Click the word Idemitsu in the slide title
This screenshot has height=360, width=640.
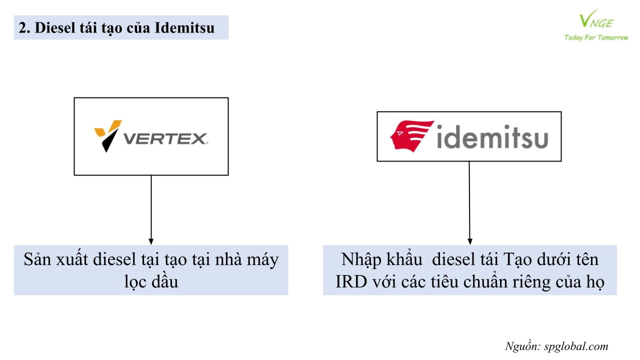coord(184,28)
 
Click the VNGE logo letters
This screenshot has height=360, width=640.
coord(596,19)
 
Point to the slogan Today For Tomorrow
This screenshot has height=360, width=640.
coord(596,37)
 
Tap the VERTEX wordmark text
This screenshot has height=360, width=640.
coord(165,139)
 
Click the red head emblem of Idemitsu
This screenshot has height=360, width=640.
coord(412,136)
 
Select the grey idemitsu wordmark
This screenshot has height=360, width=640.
coord(492,137)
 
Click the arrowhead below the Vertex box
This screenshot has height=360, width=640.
coord(151,241)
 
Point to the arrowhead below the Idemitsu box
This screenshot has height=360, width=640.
coord(469,241)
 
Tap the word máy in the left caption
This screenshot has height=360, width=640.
coord(262,260)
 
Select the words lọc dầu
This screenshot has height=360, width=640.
coord(151,281)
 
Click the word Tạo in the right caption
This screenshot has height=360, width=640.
coord(517,260)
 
